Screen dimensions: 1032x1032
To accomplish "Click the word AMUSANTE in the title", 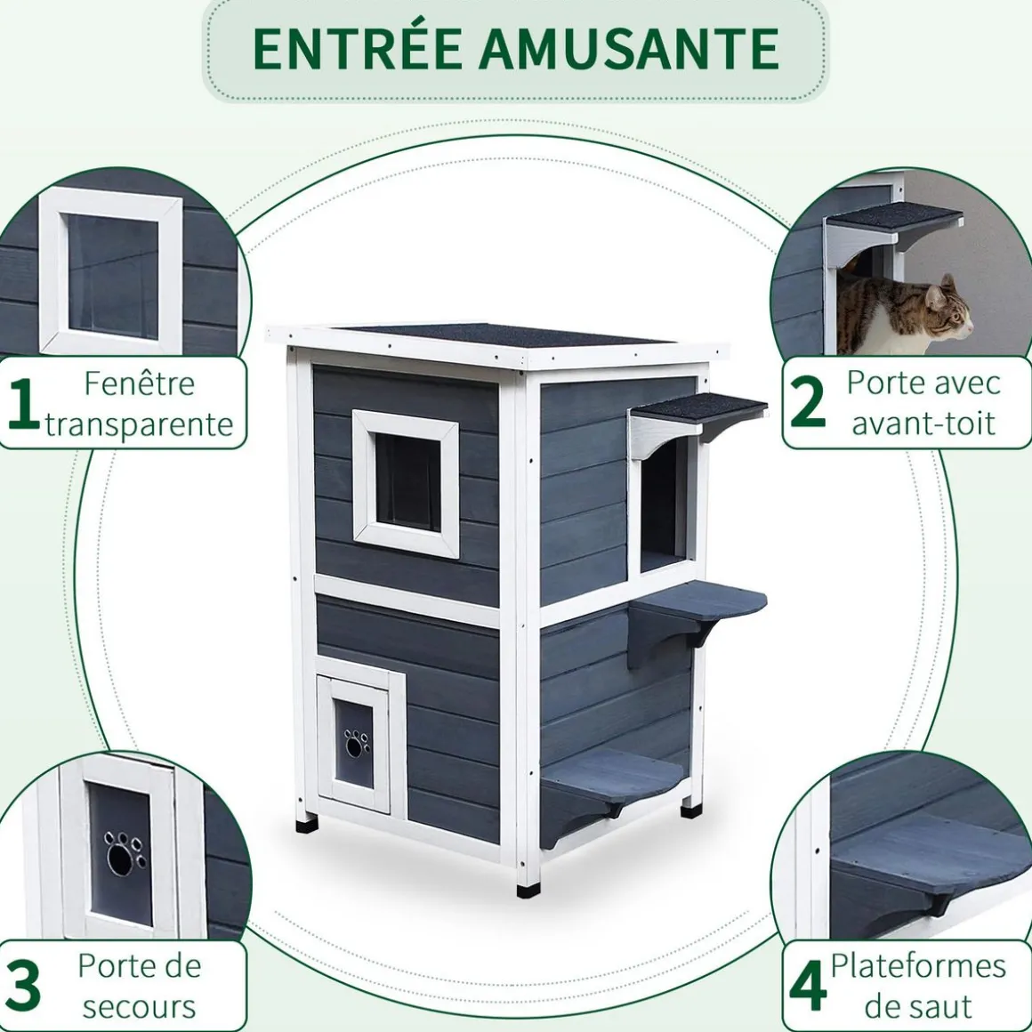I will point(630,49).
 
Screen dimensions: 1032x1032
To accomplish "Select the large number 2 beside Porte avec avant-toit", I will point(808,402).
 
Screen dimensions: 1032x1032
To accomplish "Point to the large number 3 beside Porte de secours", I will point(24,986).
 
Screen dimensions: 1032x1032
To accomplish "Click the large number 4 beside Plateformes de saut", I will point(808,986).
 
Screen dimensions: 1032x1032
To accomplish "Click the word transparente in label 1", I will point(140,424).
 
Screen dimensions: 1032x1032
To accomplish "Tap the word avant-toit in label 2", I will point(923,423).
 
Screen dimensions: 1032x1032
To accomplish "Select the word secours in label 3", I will point(139,1006).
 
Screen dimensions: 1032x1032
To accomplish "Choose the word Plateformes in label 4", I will point(918,965).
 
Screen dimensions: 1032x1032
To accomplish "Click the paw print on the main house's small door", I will point(357,742).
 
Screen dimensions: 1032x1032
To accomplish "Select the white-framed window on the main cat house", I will point(407,478).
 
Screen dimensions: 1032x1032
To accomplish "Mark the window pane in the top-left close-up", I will point(113,276).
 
